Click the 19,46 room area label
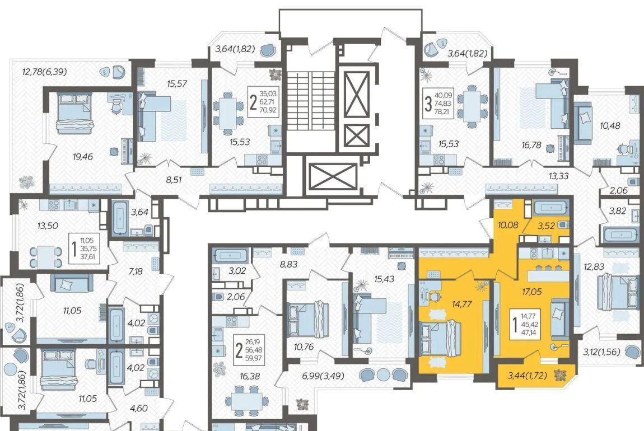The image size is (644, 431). tap(83, 156)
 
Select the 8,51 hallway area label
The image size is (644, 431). tap(174, 179)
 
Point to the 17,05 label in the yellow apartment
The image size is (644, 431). tap(532, 292)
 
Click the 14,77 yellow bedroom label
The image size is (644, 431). tap(461, 304)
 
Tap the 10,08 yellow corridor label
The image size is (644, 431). tap(508, 225)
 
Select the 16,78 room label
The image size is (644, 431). tap(531, 145)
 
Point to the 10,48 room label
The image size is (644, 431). tap(610, 125)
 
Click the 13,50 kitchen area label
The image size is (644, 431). tap(48, 226)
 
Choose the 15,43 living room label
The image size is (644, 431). tap(384, 279)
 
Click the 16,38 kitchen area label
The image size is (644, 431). tap(249, 376)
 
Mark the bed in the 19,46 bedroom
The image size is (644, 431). tap(76, 113)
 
